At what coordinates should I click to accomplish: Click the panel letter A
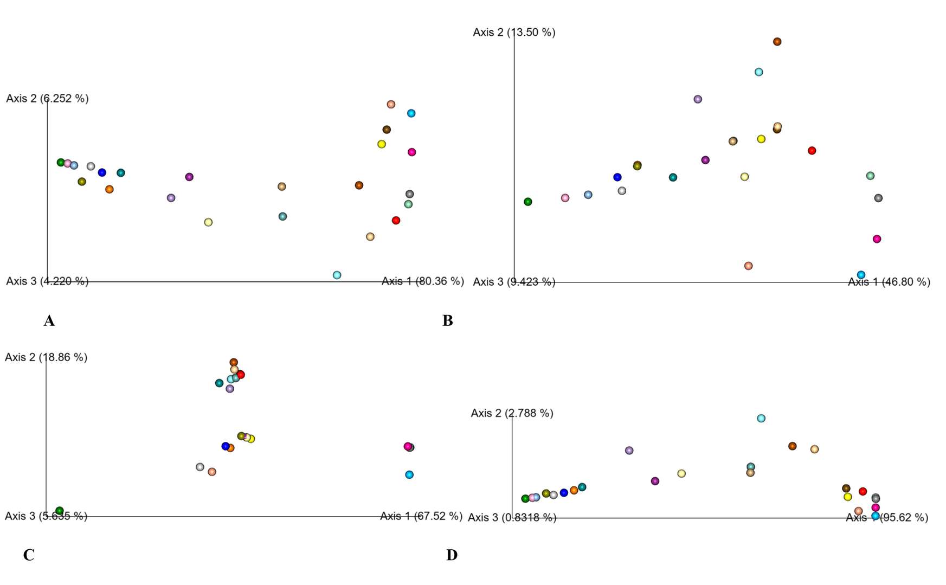pos(49,321)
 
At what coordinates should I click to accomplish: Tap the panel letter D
pos(452,555)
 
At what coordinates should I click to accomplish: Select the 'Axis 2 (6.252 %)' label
pos(47,99)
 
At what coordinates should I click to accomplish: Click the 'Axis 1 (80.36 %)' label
pos(422,281)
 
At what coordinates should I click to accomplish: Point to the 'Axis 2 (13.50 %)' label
pos(514,33)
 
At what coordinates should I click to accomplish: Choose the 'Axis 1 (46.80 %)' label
pos(889,282)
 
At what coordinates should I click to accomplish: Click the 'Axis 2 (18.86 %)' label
pos(46,357)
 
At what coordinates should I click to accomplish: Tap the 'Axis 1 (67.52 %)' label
pos(421,516)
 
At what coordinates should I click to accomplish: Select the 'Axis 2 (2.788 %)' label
pos(512,413)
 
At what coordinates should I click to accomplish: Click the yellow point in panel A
pos(382,144)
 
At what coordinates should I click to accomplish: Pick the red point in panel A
pos(396,220)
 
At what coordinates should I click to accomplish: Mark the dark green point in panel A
pos(61,162)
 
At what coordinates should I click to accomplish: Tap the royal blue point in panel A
pos(102,172)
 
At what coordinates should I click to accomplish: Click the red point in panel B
pos(812,151)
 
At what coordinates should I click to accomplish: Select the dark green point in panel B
pos(528,202)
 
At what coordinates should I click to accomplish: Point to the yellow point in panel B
pos(761,139)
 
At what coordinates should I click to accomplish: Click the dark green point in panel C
pos(60,511)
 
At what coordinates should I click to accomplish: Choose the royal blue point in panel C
pos(226,446)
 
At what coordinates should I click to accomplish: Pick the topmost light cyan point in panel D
pos(761,418)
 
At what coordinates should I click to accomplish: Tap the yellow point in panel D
pos(848,497)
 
